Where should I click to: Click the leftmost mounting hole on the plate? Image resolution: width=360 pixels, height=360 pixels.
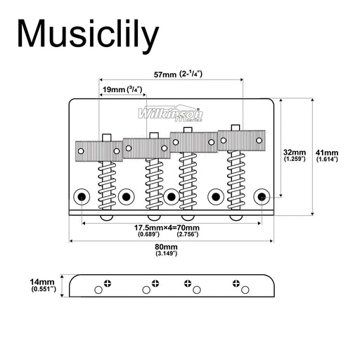coord(82,195)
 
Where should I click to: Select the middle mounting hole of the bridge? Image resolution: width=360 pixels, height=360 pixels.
coord(172,195)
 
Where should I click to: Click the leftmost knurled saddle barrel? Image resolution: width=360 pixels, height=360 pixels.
coord(98,149)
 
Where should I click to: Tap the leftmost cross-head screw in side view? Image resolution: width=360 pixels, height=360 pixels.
coord(108,283)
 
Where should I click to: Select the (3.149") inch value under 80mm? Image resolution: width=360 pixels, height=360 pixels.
coord(167,254)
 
